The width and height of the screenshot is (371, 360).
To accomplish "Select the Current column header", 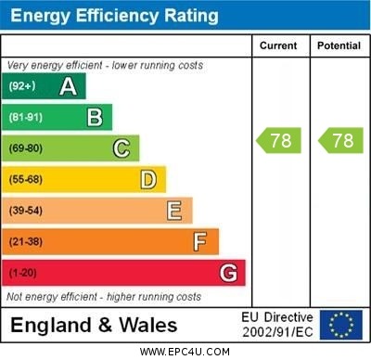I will [278, 45].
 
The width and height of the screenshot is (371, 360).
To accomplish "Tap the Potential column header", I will [339, 45].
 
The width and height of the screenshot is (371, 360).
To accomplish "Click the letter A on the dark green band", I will [68, 86].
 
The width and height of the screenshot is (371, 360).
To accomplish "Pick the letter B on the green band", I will [95, 117].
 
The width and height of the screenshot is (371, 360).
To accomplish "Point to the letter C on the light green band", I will [122, 148].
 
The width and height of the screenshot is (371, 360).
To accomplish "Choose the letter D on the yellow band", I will [148, 179].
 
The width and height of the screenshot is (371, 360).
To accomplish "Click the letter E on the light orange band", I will [174, 211].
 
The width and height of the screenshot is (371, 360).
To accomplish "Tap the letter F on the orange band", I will [200, 242].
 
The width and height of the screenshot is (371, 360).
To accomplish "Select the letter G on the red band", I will [228, 273].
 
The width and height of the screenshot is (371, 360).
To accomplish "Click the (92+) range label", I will [22, 86].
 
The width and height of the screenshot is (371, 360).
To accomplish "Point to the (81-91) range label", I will [26, 118].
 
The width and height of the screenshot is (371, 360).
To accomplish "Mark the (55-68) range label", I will [26, 180].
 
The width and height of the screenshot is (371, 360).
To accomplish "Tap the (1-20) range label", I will [23, 274].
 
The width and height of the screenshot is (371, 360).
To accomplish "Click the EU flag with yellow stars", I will [341, 325].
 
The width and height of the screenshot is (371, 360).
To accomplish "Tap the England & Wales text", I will [94, 325].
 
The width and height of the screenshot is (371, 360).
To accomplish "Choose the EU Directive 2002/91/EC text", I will [277, 325].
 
